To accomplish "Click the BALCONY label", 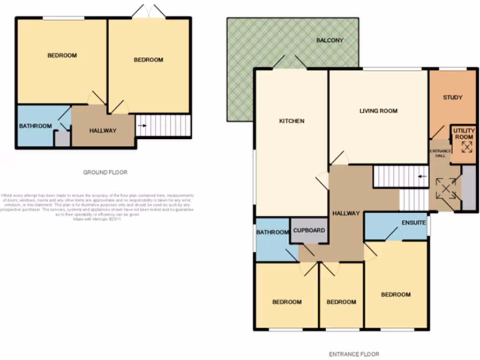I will click(x=330, y=40).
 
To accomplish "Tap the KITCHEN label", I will click(x=292, y=121).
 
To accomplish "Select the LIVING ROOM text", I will click(x=378, y=111).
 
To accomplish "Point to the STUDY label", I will click(x=452, y=97).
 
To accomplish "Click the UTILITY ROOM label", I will click(x=464, y=134).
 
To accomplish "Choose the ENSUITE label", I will click(x=413, y=223).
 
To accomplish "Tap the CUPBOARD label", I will click(x=308, y=231).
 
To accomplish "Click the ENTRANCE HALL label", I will click(x=441, y=153).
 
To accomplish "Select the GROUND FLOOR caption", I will click(x=105, y=172).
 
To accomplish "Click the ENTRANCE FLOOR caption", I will click(x=354, y=354).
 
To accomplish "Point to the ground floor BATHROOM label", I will click(x=35, y=126).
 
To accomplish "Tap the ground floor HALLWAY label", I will click(x=103, y=131).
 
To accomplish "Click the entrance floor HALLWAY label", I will click(x=346, y=213).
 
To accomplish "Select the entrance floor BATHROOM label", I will click(x=272, y=232).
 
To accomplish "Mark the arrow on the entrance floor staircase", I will click(x=423, y=177).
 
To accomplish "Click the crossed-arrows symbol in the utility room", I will click(x=467, y=147).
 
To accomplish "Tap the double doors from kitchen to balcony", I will click(x=290, y=62).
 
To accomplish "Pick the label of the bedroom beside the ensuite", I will click(x=396, y=294).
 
